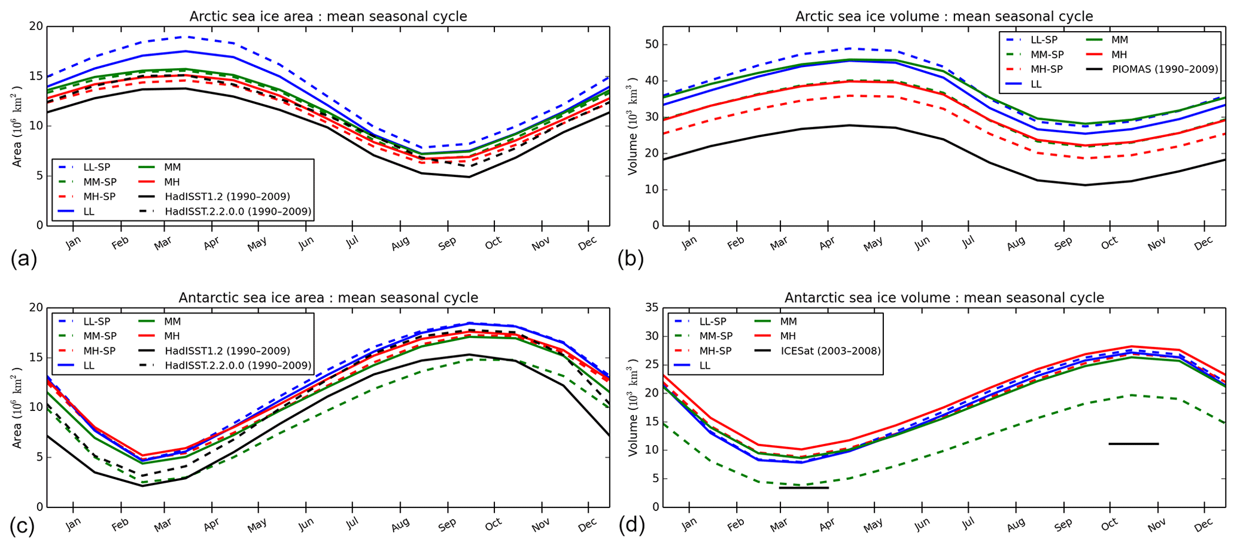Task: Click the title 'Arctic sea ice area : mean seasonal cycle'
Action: [x=328, y=16]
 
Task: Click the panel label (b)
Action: [x=631, y=259]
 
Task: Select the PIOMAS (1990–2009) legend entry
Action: [x=1165, y=69]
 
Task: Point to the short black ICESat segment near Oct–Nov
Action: [x=1133, y=443]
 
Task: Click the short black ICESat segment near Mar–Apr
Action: [x=804, y=488]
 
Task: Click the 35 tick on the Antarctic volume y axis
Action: [x=651, y=308]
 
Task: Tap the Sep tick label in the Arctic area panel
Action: [x=447, y=243]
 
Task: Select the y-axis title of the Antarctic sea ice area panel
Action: [x=18, y=407]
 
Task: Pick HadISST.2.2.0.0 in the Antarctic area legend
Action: [x=238, y=365]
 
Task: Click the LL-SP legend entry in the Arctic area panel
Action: [x=96, y=168]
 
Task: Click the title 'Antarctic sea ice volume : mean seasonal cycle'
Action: [x=944, y=297]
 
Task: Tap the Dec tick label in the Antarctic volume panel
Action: [x=1203, y=524]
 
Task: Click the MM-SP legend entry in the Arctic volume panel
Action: [x=1043, y=54]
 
